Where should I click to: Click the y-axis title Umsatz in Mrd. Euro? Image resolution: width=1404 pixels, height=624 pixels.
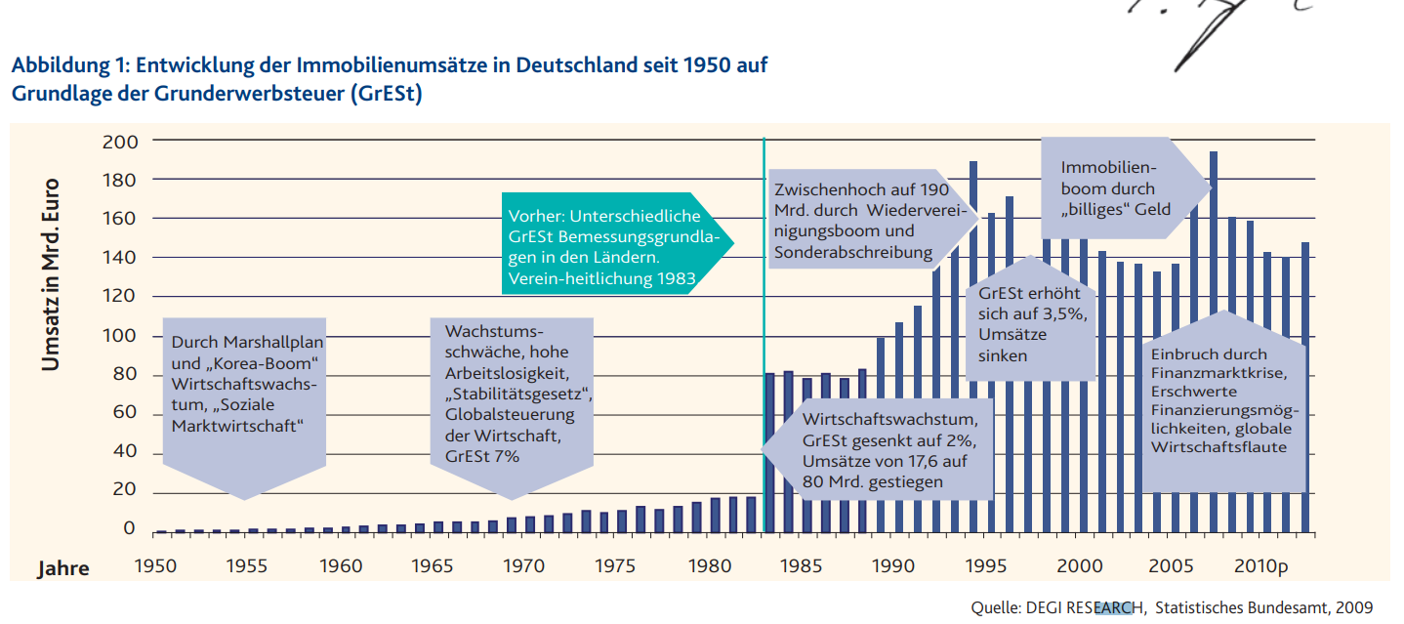(51, 274)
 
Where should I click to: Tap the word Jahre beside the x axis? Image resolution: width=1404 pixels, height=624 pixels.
(63, 568)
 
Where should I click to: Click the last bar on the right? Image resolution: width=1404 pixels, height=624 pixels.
(1303, 391)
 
